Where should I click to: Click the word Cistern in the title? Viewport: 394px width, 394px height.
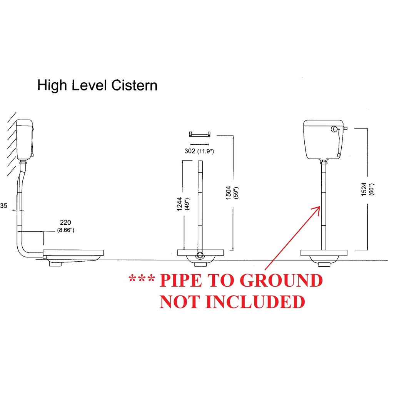(135, 85)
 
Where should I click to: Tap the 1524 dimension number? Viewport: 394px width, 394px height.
(364, 189)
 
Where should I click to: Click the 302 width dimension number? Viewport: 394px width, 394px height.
(190, 151)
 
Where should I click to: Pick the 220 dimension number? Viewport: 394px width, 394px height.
(65, 222)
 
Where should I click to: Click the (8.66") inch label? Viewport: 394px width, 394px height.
(65, 230)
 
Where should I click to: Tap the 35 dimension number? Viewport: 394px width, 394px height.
(3, 206)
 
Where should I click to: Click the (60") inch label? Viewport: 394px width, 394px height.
(372, 189)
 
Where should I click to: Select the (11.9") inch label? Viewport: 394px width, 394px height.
(205, 151)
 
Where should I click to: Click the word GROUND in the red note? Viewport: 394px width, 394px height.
(281, 281)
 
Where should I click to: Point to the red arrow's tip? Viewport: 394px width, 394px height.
(319, 207)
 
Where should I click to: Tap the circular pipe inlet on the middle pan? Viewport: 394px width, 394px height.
(200, 255)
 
